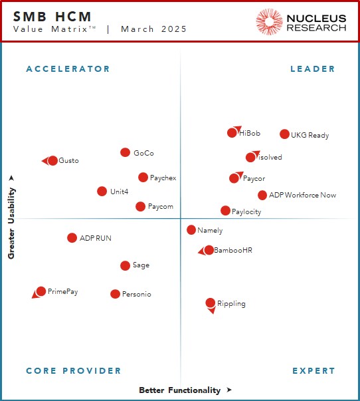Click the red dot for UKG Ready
pos(284,134)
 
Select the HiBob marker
pos(232,133)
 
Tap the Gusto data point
pos(52,161)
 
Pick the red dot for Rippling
pos(211,303)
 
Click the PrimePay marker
pos(41,291)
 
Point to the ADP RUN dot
pos(72,237)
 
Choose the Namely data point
pos(191,230)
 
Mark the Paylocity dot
pos(225,211)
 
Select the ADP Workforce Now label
pos(302,196)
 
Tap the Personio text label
pos(136,294)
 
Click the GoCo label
pos(143,153)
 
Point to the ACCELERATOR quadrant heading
pos(68,69)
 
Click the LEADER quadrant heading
pos(313,69)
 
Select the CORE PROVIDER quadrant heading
pos(73,371)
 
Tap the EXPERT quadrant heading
pos(314,371)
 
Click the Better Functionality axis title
pos(179,390)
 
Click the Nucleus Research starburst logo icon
pos(269,22)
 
